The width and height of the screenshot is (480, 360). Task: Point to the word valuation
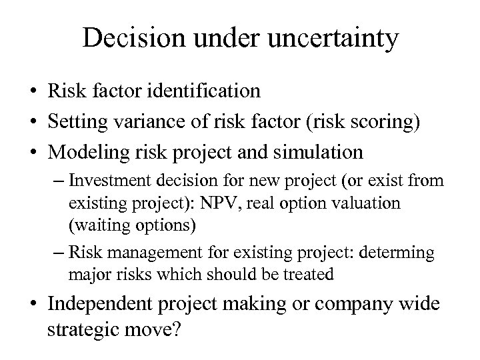click(x=371, y=203)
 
